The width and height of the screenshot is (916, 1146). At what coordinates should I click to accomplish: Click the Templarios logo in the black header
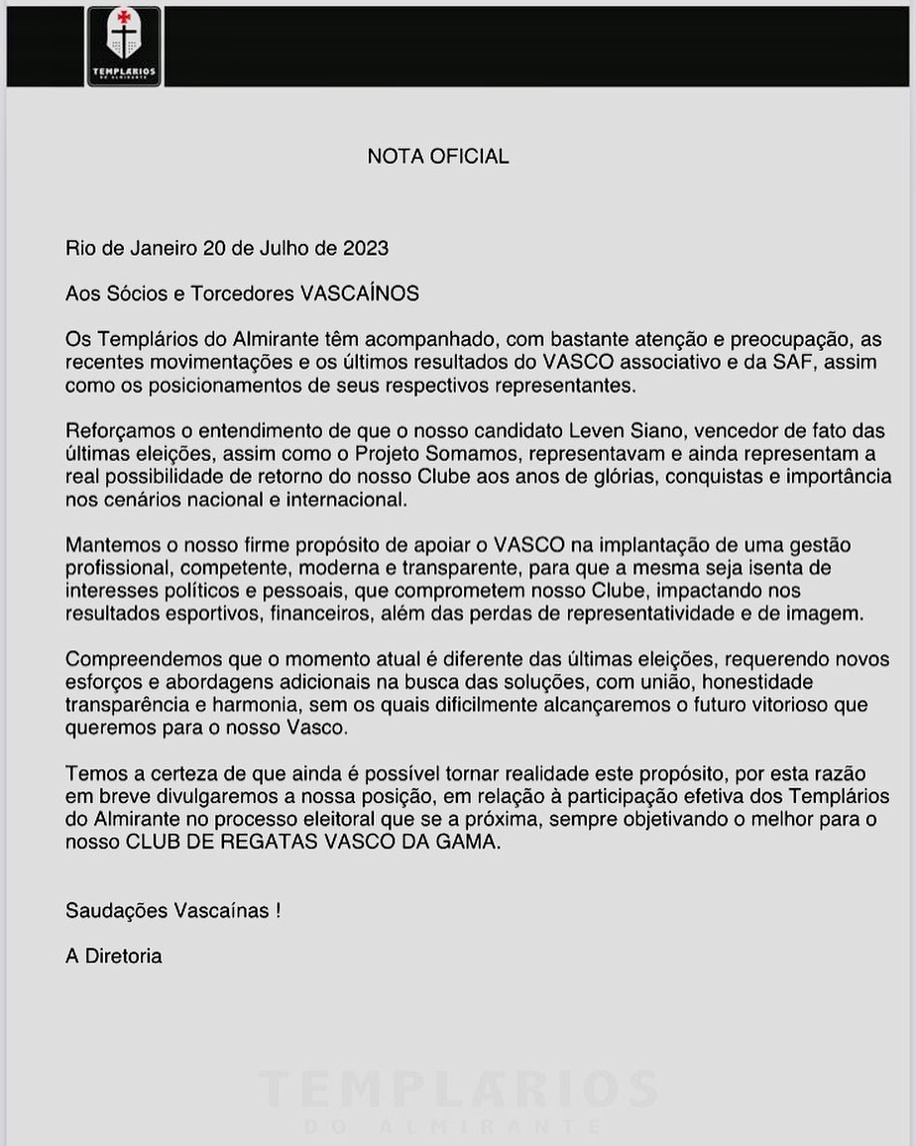point(124,47)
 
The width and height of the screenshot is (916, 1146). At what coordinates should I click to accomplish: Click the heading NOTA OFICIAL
point(438,157)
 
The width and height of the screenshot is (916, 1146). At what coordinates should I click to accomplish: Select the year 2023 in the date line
point(366,247)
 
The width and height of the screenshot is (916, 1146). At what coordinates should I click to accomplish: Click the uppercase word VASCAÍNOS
point(359,293)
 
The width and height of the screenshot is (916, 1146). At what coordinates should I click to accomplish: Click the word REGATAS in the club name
point(263,843)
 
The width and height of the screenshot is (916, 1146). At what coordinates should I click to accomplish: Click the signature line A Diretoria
point(113,957)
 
